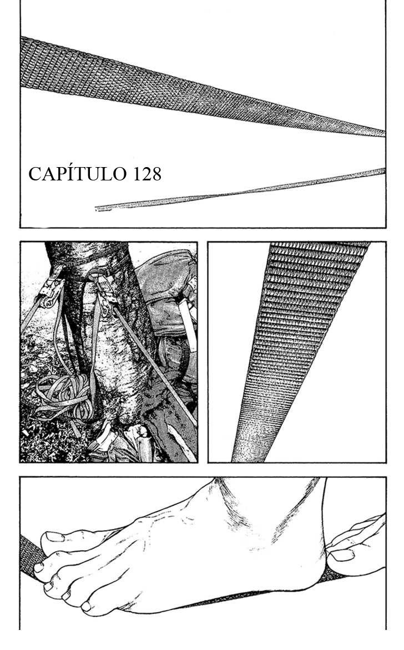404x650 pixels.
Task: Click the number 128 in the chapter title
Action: tap(147, 174)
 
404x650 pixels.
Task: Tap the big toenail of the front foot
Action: tap(54, 536)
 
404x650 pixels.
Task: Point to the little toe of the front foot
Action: tap(87, 606)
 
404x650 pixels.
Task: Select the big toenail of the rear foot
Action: tap(342, 554)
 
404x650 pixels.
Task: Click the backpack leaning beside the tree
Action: tap(166, 311)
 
